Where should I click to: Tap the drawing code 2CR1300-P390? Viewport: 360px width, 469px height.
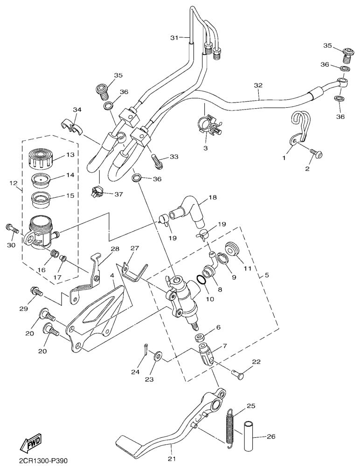tap(43, 461)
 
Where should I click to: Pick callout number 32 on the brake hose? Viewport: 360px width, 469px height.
tap(258, 85)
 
